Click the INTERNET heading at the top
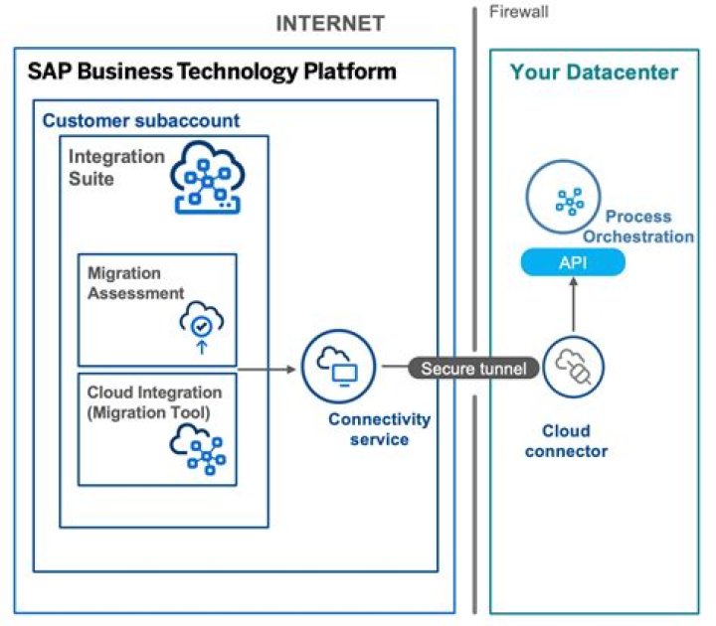(330, 23)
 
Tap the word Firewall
(518, 12)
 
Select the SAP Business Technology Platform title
(212, 72)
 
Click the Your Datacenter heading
(594, 72)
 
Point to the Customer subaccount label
(140, 120)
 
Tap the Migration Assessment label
(135, 283)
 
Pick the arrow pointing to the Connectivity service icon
(268, 369)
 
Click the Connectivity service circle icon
(338, 369)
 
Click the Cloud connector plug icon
(574, 368)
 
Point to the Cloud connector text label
(574, 441)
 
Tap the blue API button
(574, 262)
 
